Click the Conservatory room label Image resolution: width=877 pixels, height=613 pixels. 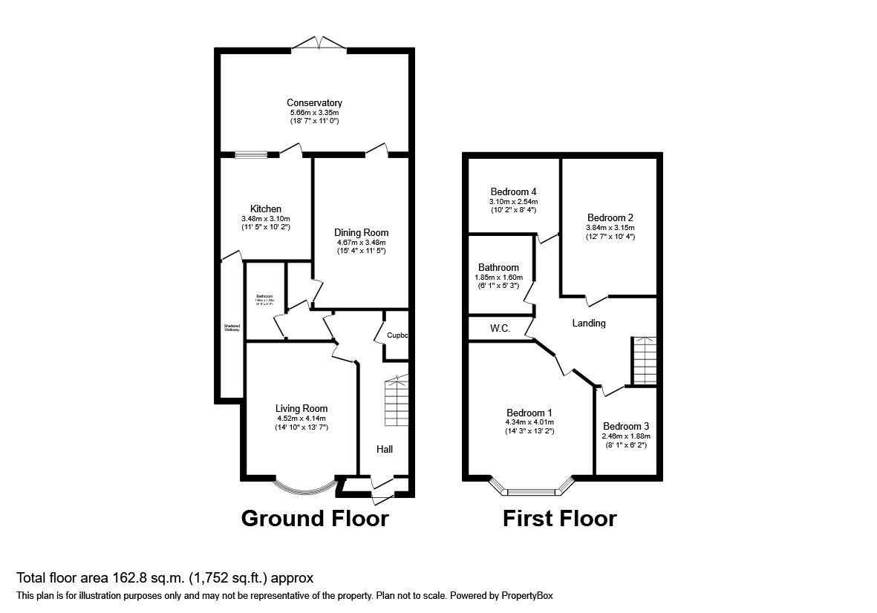pos(314,102)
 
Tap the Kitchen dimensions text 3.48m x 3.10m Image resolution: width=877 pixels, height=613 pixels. pos(265,219)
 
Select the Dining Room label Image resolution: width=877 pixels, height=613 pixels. pos(361,232)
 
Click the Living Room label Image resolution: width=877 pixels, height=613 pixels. pos(301,408)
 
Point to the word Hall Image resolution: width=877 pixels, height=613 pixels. pos(384,449)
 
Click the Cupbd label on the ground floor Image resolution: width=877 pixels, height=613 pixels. pos(397,335)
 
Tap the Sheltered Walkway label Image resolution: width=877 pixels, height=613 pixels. pos(232,328)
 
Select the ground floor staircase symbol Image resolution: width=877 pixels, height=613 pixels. pos(396,401)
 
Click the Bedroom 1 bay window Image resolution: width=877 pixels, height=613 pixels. pos(532,489)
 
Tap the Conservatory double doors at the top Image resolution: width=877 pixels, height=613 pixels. pos(319,45)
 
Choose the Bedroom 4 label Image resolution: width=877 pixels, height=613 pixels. pos(513,191)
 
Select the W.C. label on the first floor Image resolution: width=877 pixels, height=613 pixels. pos(500,328)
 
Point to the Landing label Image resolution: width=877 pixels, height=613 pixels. pos(588,323)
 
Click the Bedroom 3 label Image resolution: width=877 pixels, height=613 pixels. pos(625,426)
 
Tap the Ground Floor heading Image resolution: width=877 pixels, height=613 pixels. pos(314,518)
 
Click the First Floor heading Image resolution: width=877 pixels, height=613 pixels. pos(559,518)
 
